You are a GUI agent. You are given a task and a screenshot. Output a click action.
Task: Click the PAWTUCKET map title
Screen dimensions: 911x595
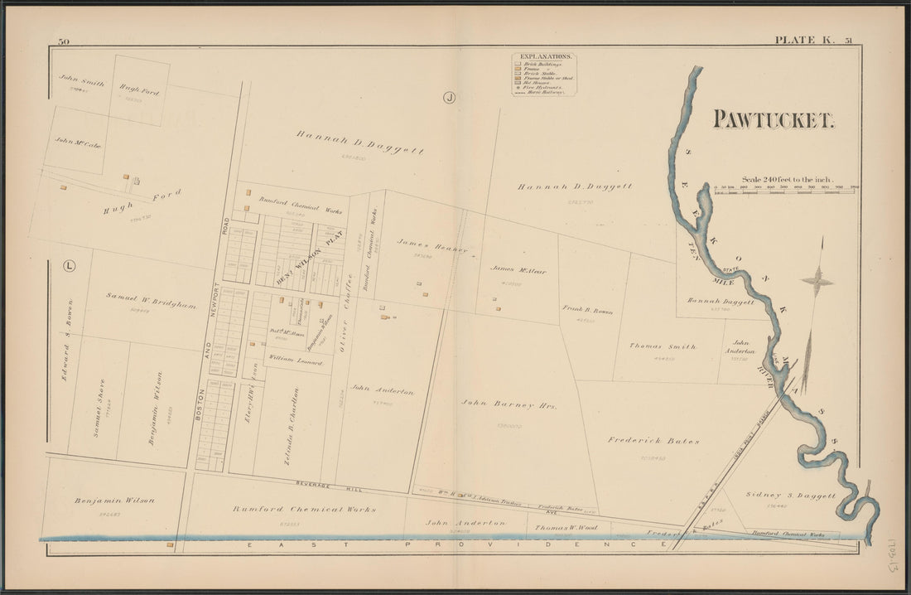click(774, 120)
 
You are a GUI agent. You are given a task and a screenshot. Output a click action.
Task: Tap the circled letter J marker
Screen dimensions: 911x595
click(449, 97)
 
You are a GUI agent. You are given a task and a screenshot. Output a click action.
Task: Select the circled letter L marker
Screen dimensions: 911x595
click(69, 266)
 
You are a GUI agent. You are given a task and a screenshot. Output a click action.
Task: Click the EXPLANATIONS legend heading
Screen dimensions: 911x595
click(543, 57)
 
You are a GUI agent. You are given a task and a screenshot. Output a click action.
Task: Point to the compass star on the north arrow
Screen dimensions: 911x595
click(817, 282)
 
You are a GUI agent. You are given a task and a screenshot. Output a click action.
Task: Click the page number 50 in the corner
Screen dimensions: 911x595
click(63, 41)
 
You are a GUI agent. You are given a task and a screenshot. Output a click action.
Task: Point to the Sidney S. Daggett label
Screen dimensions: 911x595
click(790, 495)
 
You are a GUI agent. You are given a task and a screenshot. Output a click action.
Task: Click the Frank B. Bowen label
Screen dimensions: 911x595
click(587, 310)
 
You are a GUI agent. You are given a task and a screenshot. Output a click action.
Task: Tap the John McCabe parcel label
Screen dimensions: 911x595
click(78, 143)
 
